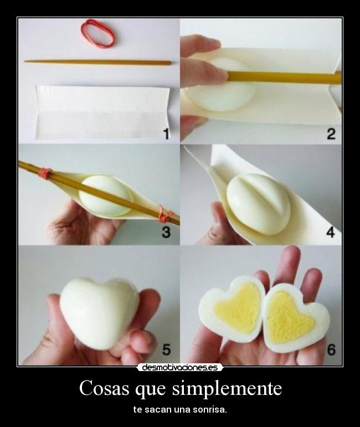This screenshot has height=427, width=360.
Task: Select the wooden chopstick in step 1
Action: [97, 62]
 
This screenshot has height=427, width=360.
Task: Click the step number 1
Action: [166, 134]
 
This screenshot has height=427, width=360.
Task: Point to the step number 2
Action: [331, 134]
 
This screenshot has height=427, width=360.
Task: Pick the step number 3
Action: [166, 233]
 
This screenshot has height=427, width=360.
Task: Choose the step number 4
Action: [331, 233]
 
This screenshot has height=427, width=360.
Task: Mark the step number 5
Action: [166, 349]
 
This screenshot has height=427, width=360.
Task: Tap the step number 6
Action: [331, 349]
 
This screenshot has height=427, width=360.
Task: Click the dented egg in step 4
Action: [258, 203]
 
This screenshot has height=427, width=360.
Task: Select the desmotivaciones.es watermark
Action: [180, 367]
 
